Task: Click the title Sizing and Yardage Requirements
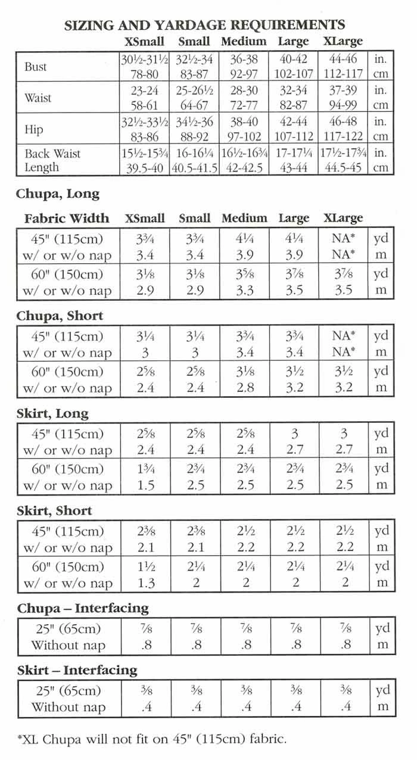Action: tap(204, 25)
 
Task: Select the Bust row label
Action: tap(35, 67)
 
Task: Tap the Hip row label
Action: tap(34, 129)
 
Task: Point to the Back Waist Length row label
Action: tap(52, 161)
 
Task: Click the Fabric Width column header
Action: tap(67, 219)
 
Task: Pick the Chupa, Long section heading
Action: tap(58, 194)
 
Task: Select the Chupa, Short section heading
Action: tap(60, 316)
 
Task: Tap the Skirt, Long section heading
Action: tap(52, 413)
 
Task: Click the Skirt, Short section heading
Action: tap(54, 510)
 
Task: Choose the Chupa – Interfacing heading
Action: tap(83, 608)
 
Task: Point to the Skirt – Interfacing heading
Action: tap(77, 670)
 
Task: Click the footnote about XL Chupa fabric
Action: tap(152, 740)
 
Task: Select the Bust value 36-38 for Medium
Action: tap(244, 60)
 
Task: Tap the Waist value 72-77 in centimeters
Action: tap(244, 105)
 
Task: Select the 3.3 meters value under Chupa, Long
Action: tap(244, 291)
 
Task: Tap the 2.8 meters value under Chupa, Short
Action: tap(244, 388)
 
